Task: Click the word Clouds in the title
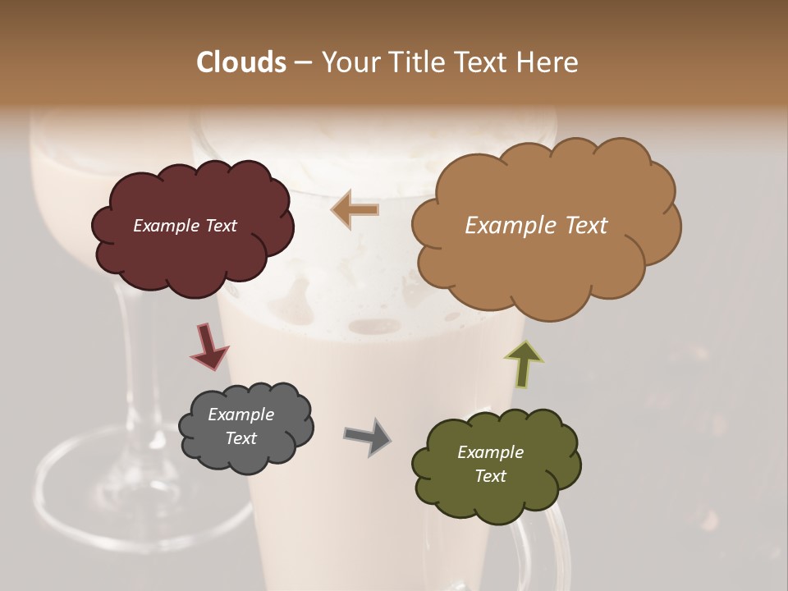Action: (x=241, y=62)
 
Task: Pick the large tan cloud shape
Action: (x=545, y=263)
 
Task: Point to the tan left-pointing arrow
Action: (x=355, y=209)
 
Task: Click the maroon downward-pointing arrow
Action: (x=208, y=346)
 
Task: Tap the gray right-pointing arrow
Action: (x=368, y=437)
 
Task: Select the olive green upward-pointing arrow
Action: (x=524, y=364)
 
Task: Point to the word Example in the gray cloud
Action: (x=241, y=415)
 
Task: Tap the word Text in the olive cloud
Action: (x=490, y=476)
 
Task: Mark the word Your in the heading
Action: (x=346, y=62)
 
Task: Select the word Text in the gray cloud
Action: (x=241, y=438)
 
